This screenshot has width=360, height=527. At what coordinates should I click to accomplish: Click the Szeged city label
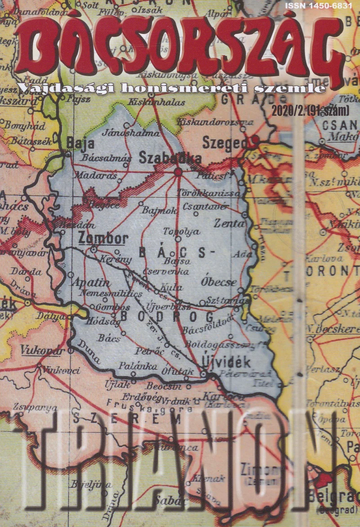(225, 143)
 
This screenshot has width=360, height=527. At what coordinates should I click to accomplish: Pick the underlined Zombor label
(103, 238)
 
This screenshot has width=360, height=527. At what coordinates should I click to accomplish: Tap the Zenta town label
(229, 223)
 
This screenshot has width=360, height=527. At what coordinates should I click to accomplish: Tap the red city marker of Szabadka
(178, 171)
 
